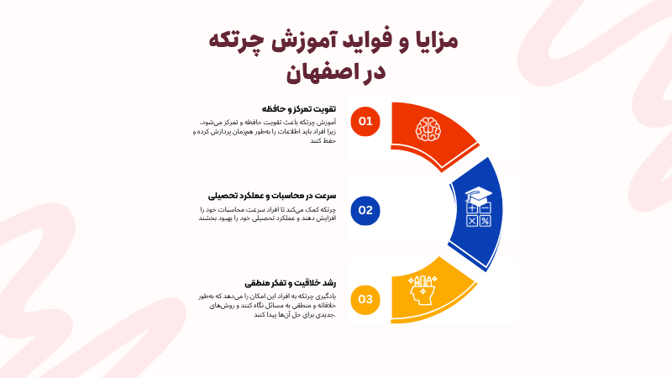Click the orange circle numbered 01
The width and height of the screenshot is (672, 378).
tap(365, 121)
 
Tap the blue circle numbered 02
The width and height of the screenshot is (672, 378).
tap(365, 210)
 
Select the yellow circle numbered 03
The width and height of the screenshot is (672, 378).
tap(365, 299)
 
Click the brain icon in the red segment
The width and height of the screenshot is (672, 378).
tap(428, 128)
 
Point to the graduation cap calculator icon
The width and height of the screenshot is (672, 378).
tap(478, 207)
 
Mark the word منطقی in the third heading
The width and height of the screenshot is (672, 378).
tap(258, 283)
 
